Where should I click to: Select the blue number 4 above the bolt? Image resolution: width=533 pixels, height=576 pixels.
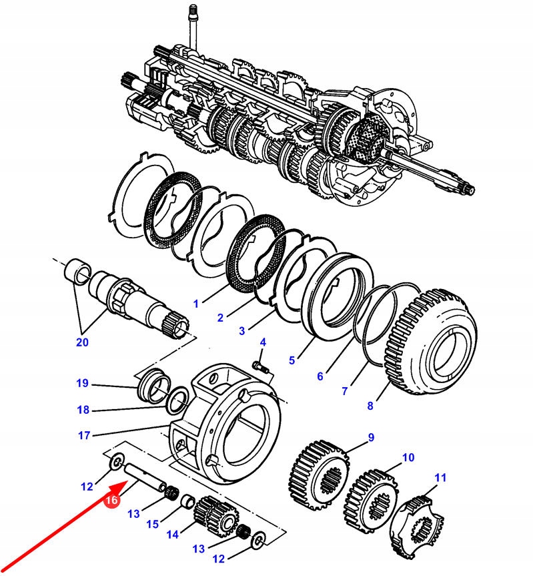tap(263, 342)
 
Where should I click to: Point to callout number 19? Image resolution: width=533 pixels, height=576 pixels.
tap(82, 383)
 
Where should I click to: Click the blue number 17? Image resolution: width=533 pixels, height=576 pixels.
tap(83, 436)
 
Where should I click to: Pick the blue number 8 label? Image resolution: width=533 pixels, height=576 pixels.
tap(370, 404)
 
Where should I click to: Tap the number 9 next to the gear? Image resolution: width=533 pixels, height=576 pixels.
tap(371, 437)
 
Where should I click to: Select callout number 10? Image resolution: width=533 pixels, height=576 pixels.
tap(408, 458)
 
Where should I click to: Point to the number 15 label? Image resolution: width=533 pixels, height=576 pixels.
tap(153, 525)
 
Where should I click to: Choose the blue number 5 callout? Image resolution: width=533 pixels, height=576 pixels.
tap(292, 360)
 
